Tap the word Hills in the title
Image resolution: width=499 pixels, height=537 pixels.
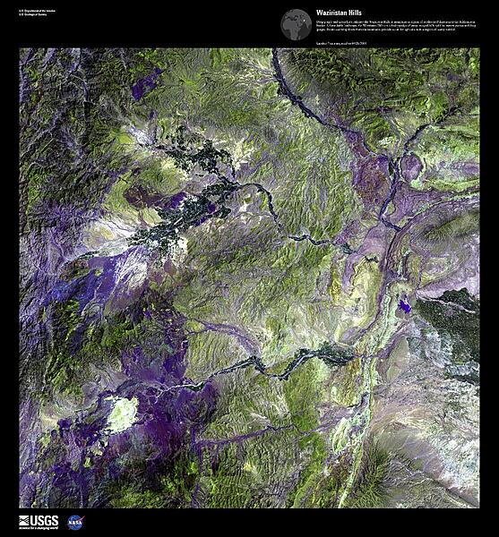357,13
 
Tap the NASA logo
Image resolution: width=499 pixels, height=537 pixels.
75,522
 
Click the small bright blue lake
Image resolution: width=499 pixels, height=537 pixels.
406,307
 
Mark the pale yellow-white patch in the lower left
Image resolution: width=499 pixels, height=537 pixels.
120,413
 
